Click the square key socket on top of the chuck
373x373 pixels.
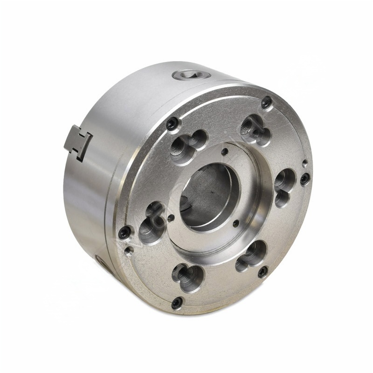(x=192, y=74)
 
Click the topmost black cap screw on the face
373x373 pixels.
(x=266, y=103)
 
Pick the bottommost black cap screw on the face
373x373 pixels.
(x=177, y=303)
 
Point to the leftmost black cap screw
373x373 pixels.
(x=124, y=232)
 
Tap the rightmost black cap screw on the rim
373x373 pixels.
(x=304, y=179)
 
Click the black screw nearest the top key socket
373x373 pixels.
(x=172, y=124)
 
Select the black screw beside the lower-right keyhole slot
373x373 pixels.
(x=263, y=271)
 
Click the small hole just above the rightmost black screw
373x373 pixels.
(x=304, y=163)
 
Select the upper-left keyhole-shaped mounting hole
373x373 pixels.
(x=186, y=145)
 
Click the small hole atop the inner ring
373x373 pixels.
(x=225, y=152)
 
